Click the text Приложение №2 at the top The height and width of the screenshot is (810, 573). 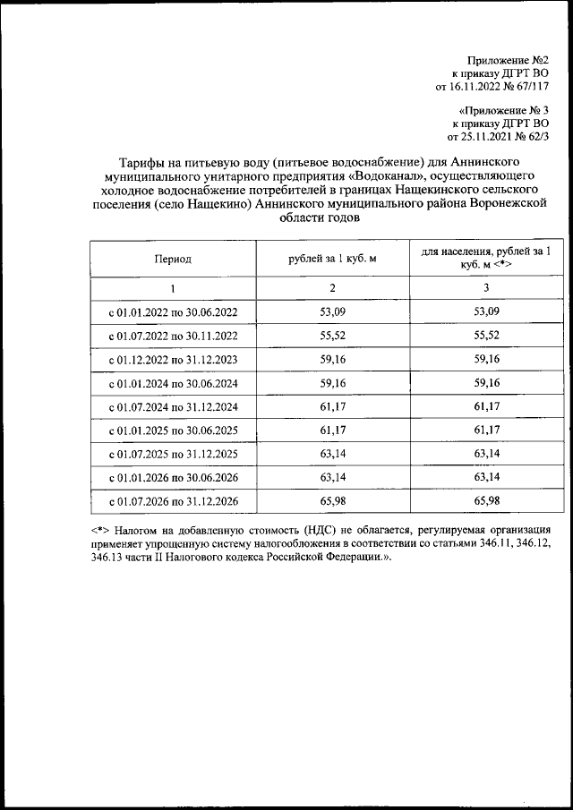(508, 59)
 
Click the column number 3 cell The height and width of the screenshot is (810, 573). (485, 288)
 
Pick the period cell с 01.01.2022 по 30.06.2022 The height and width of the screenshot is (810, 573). (172, 312)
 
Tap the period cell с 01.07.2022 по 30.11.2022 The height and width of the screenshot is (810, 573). (172, 336)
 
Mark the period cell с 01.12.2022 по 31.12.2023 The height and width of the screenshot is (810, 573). (172, 359)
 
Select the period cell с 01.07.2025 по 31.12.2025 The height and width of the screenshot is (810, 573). (172, 453)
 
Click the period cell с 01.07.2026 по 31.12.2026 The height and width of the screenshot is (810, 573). (172, 500)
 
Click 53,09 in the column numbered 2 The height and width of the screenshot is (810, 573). (332, 312)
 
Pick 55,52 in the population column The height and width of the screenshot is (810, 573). (485, 336)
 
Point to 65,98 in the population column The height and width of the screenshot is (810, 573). (485, 500)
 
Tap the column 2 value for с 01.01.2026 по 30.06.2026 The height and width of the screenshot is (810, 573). (332, 476)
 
